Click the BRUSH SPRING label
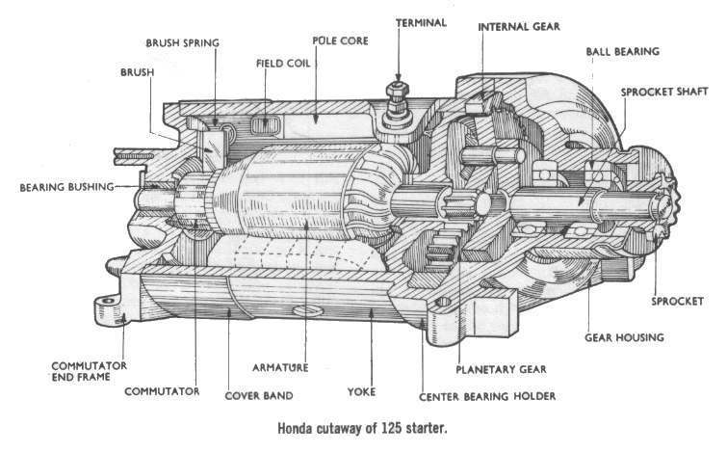click(182, 43)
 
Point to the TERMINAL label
click(420, 21)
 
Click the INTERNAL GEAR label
click(519, 26)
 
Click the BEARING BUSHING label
click(66, 185)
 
